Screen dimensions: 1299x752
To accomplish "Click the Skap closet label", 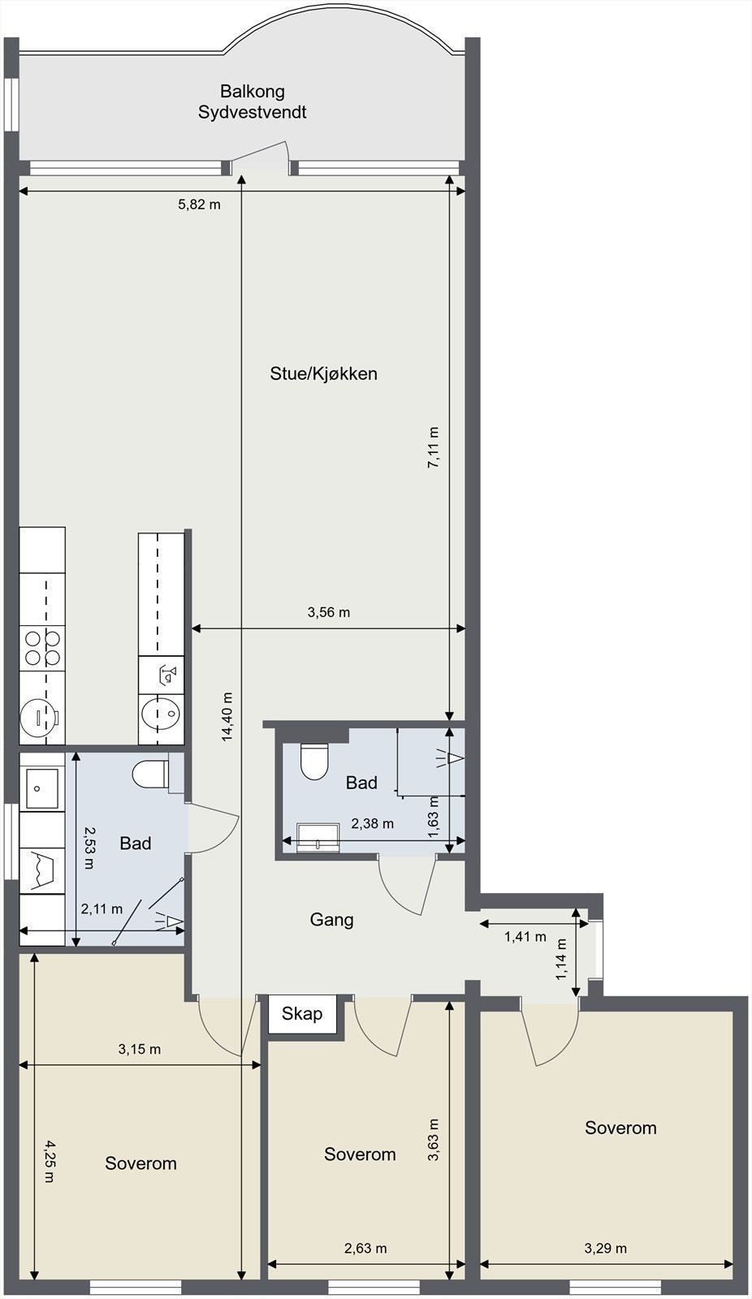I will click(x=302, y=1013).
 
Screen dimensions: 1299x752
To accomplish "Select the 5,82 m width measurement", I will click(x=199, y=205).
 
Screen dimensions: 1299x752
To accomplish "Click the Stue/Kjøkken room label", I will click(x=323, y=373).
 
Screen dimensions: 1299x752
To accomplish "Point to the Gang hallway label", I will click(x=331, y=920).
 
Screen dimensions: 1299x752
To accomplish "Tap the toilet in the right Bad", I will click(x=314, y=761).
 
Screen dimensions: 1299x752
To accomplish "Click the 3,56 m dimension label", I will click(x=328, y=612).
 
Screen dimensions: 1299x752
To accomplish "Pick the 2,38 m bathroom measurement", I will click(x=372, y=823).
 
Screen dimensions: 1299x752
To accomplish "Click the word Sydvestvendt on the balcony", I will click(x=252, y=113).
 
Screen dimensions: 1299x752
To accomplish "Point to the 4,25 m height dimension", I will click(x=49, y=1162).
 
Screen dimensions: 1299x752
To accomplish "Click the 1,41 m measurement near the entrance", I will click(x=525, y=936).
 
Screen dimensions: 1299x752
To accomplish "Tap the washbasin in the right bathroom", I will click(x=318, y=837).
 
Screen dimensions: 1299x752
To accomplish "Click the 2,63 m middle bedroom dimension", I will click(x=365, y=1248).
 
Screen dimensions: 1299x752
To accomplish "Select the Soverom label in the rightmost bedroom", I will click(x=620, y=1128).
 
